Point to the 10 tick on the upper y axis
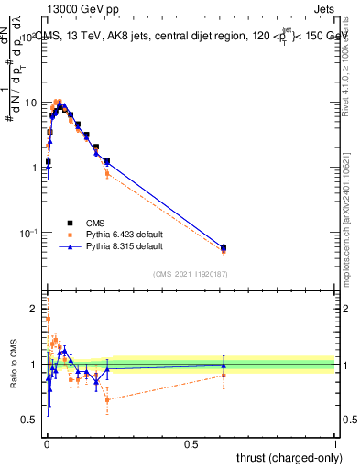pyautogui.click(x=29, y=103)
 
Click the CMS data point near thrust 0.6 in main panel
pyautogui.click(x=224, y=247)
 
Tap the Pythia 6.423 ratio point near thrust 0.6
pyautogui.click(x=224, y=376)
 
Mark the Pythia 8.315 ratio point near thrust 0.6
pyautogui.click(x=224, y=365)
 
